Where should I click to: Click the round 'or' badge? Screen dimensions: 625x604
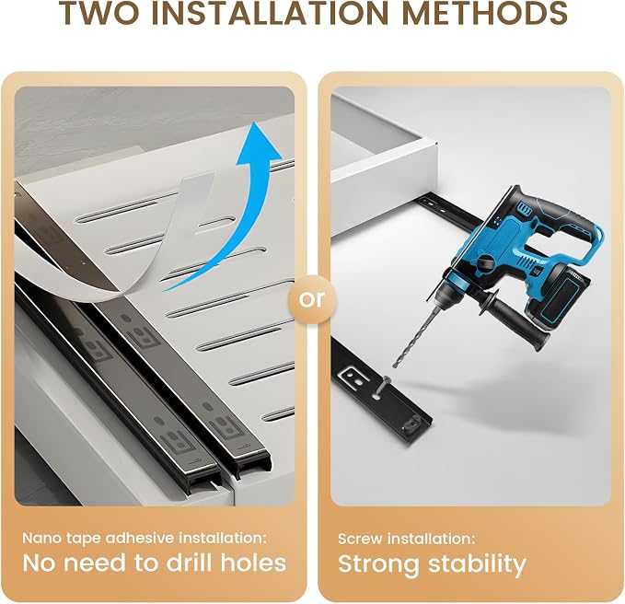point(312,299)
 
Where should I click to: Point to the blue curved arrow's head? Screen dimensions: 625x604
point(259,144)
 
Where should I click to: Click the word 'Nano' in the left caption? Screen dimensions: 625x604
point(41,539)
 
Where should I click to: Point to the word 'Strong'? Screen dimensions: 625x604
point(378,565)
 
